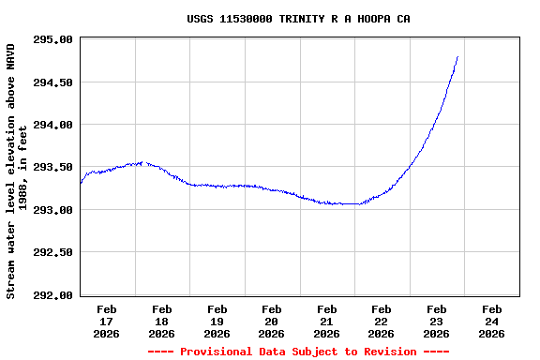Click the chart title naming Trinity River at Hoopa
click(298, 19)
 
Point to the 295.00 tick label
click(52, 39)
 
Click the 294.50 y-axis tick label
click(52, 82)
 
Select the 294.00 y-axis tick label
click(52, 125)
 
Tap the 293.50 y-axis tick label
click(52, 167)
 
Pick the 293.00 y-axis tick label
click(52, 210)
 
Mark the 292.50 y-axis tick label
click(52, 252)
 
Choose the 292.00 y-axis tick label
click(52, 295)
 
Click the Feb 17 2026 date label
click(107, 321)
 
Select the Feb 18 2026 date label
click(161, 321)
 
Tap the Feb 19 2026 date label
click(217, 321)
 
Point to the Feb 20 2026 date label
click(272, 321)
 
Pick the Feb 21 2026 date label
click(326, 321)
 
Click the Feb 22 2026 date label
click(382, 321)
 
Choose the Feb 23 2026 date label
click(436, 321)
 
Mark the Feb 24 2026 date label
click(491, 321)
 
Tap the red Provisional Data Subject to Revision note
click(298, 352)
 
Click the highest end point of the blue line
click(457, 56)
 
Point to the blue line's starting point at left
click(81, 183)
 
